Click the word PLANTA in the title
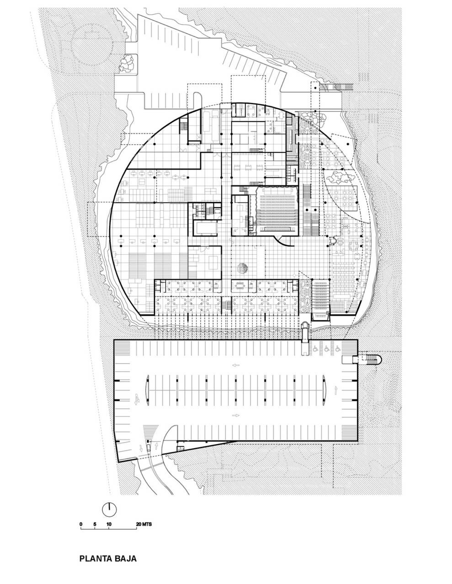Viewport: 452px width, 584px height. point(94,558)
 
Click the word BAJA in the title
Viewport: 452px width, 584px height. point(123,558)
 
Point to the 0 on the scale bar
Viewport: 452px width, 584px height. point(81,524)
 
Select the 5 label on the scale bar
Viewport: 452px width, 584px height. point(95,524)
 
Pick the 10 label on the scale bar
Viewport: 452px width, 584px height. point(109,524)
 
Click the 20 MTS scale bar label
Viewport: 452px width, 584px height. point(144,524)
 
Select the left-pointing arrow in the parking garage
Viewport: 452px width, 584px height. point(236,365)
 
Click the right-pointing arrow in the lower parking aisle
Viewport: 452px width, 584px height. point(236,415)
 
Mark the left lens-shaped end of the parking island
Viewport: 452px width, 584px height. point(147,391)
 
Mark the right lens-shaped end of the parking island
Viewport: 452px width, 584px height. point(324,391)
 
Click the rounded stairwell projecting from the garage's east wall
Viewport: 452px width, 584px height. point(368,360)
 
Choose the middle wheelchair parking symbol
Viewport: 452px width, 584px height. point(328,349)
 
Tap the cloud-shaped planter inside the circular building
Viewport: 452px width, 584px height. point(338,177)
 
